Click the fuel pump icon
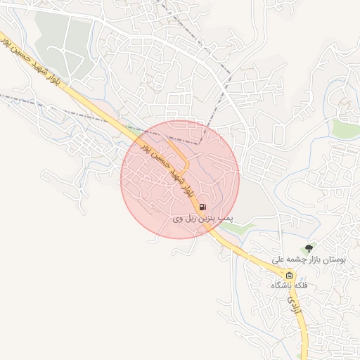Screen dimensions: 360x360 click(x=202, y=207)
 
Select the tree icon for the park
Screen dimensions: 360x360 click(x=308, y=249)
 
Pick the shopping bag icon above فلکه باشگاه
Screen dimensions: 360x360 click(x=289, y=275)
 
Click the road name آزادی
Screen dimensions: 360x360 click(x=294, y=304)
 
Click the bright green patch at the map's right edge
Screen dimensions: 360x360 click(x=347, y=129)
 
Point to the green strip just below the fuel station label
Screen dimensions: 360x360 click(x=236, y=229)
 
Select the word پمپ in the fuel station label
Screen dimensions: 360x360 click(x=226, y=220)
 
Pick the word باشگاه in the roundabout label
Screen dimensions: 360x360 click(x=281, y=286)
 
